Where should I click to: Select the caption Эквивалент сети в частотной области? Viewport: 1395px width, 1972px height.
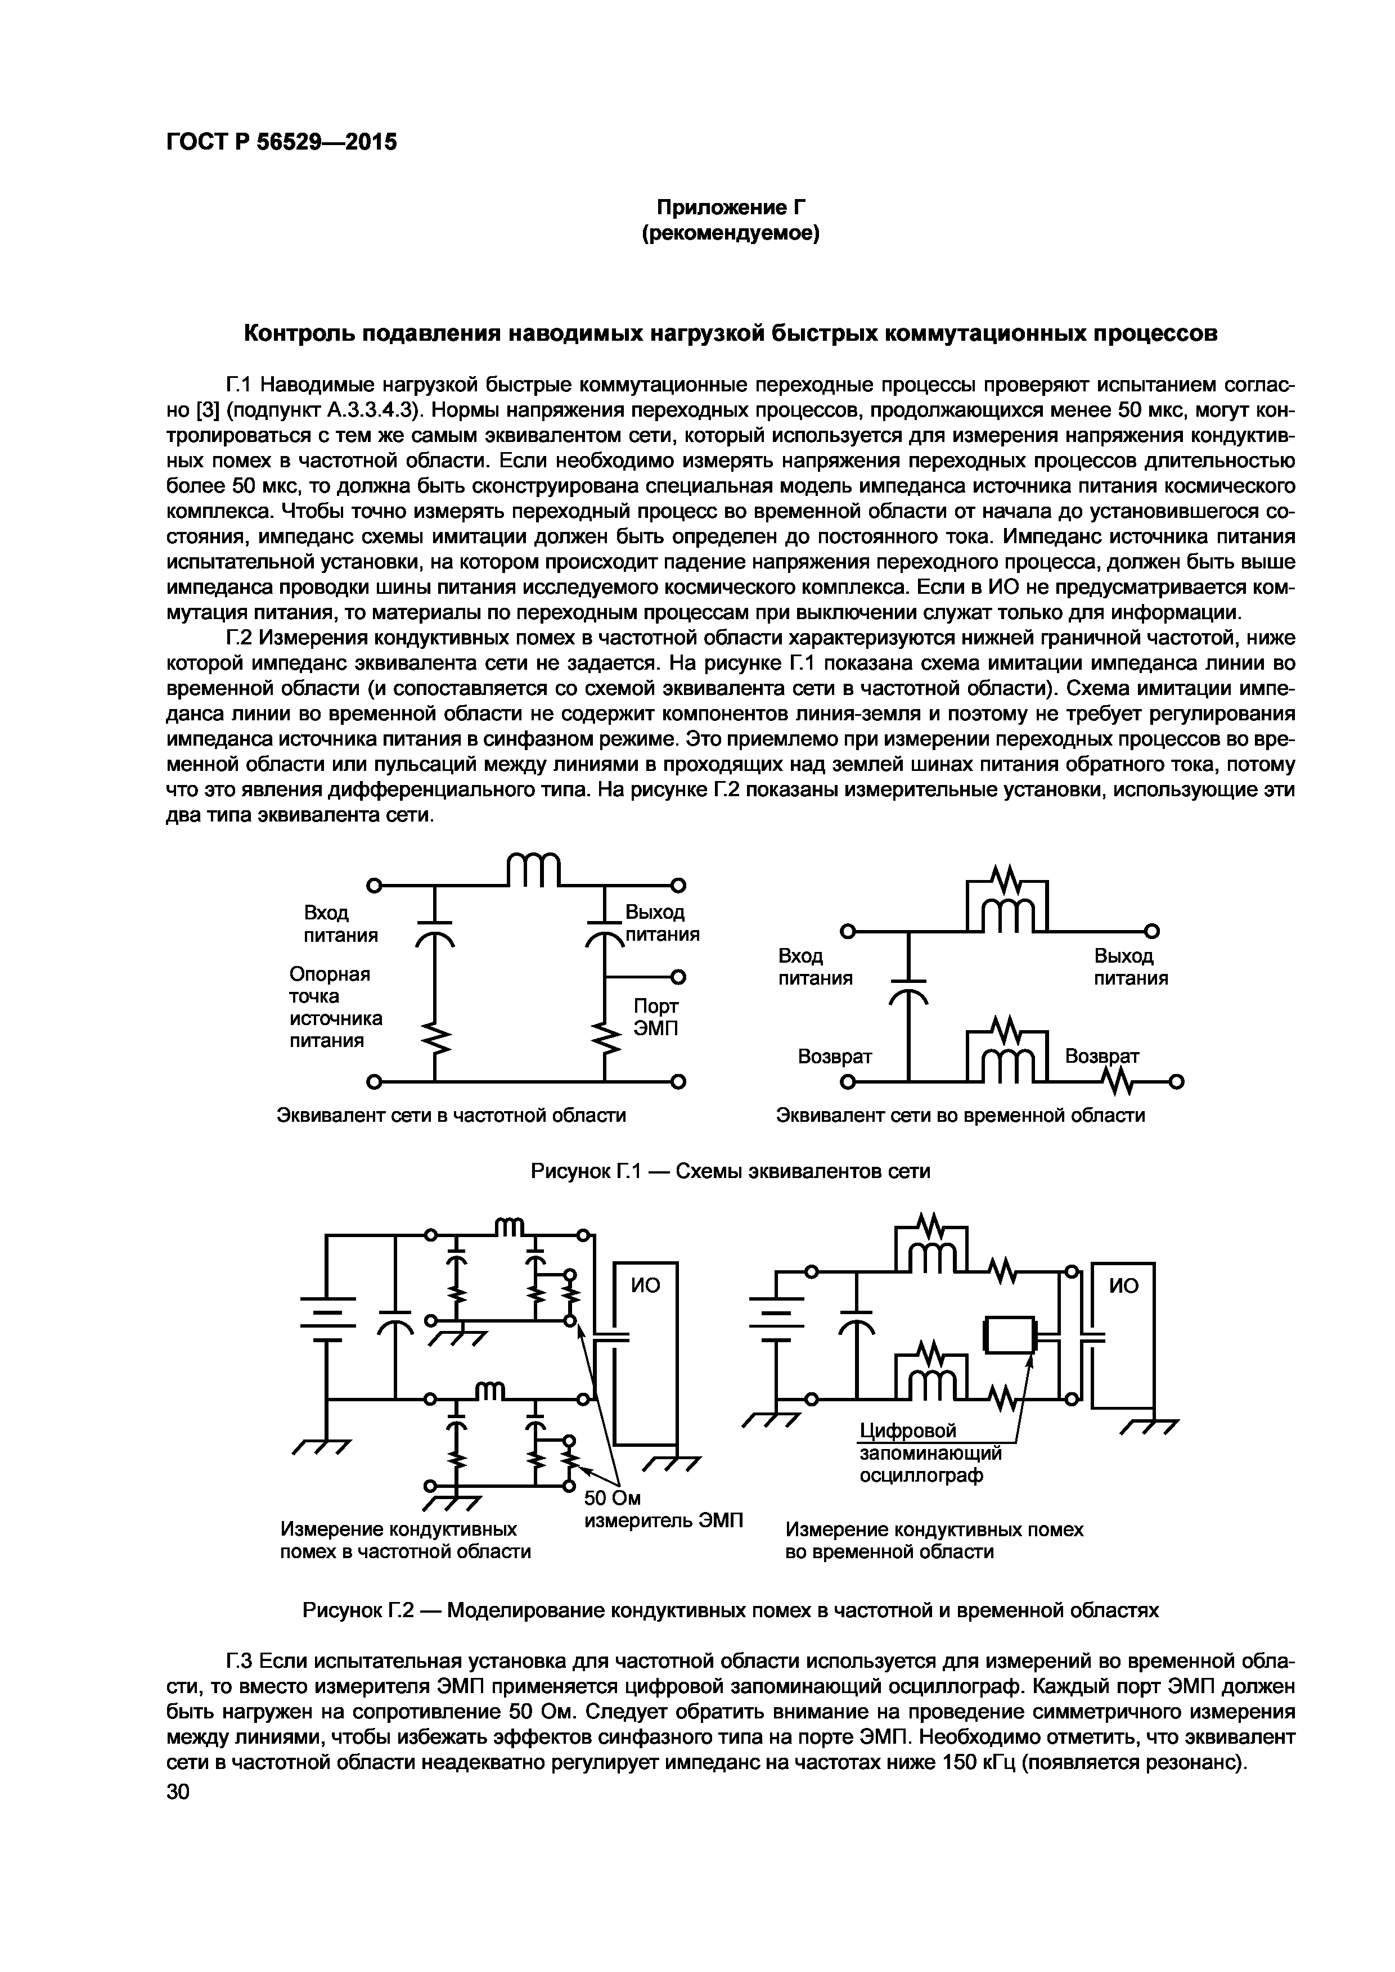coord(451,1115)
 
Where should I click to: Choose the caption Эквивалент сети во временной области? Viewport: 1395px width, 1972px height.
coord(960,1115)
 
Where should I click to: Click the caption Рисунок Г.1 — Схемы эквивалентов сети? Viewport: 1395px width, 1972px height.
coord(730,1171)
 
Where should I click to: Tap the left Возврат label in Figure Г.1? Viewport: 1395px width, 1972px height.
coord(835,1057)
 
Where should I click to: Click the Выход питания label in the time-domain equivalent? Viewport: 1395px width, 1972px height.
coord(1131,967)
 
